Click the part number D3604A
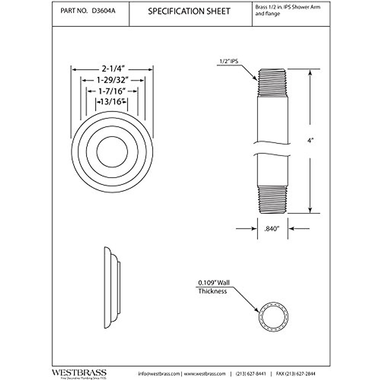[x=103, y=11]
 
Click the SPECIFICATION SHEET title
[x=189, y=11]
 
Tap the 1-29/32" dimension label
[x=113, y=80]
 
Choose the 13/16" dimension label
[x=112, y=102]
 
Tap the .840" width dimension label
[x=272, y=228]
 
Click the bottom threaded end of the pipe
[x=272, y=200]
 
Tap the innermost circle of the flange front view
[x=112, y=152]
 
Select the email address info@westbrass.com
[x=159, y=374]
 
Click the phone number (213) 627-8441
[x=251, y=374]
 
